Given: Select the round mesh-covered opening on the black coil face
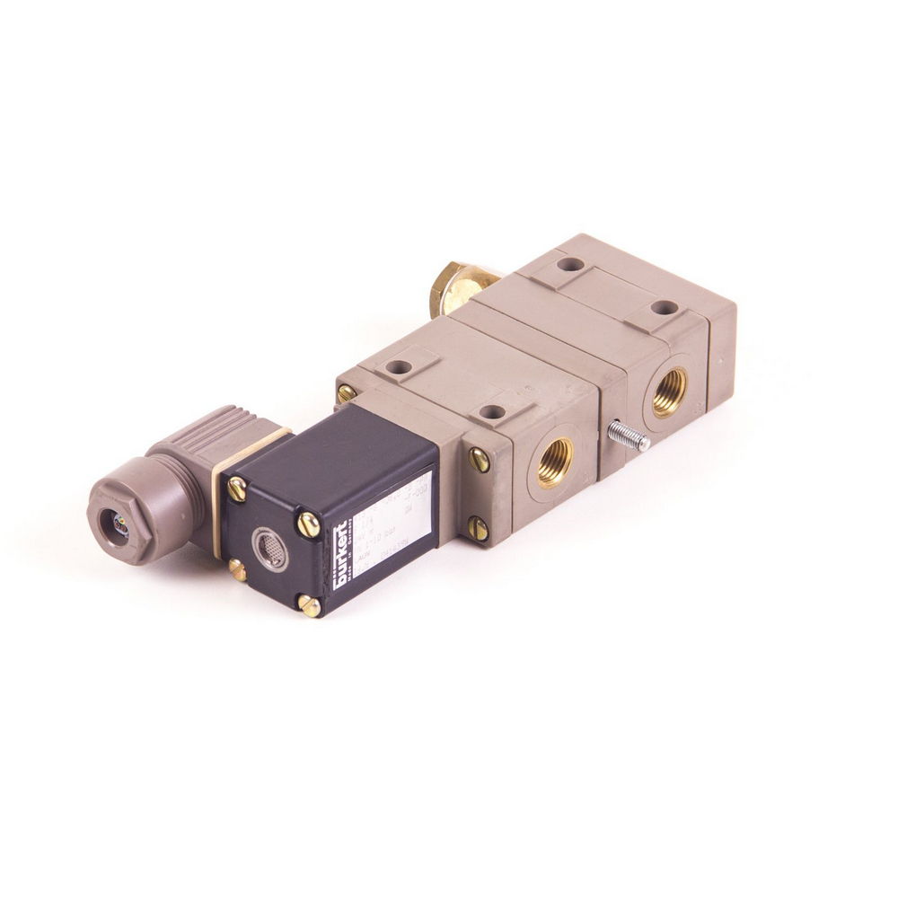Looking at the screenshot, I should coord(269,549).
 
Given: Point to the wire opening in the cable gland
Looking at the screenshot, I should coord(119,528).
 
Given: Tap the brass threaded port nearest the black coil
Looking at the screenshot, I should coord(554,462).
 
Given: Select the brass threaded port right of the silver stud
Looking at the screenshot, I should coord(669,392).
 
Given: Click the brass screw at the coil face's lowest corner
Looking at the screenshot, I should coord(309,606).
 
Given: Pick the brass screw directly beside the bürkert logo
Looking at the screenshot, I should coord(308,524).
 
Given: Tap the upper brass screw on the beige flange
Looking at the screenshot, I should coord(480,460).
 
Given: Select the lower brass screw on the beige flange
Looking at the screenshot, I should coord(478,529).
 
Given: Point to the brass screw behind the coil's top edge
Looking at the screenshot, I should coord(346,393).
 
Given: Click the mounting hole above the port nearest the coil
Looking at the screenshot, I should coord(491,411).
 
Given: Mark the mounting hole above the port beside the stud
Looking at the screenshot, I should coord(664,307).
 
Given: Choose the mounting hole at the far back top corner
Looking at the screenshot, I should coord(569,265).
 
